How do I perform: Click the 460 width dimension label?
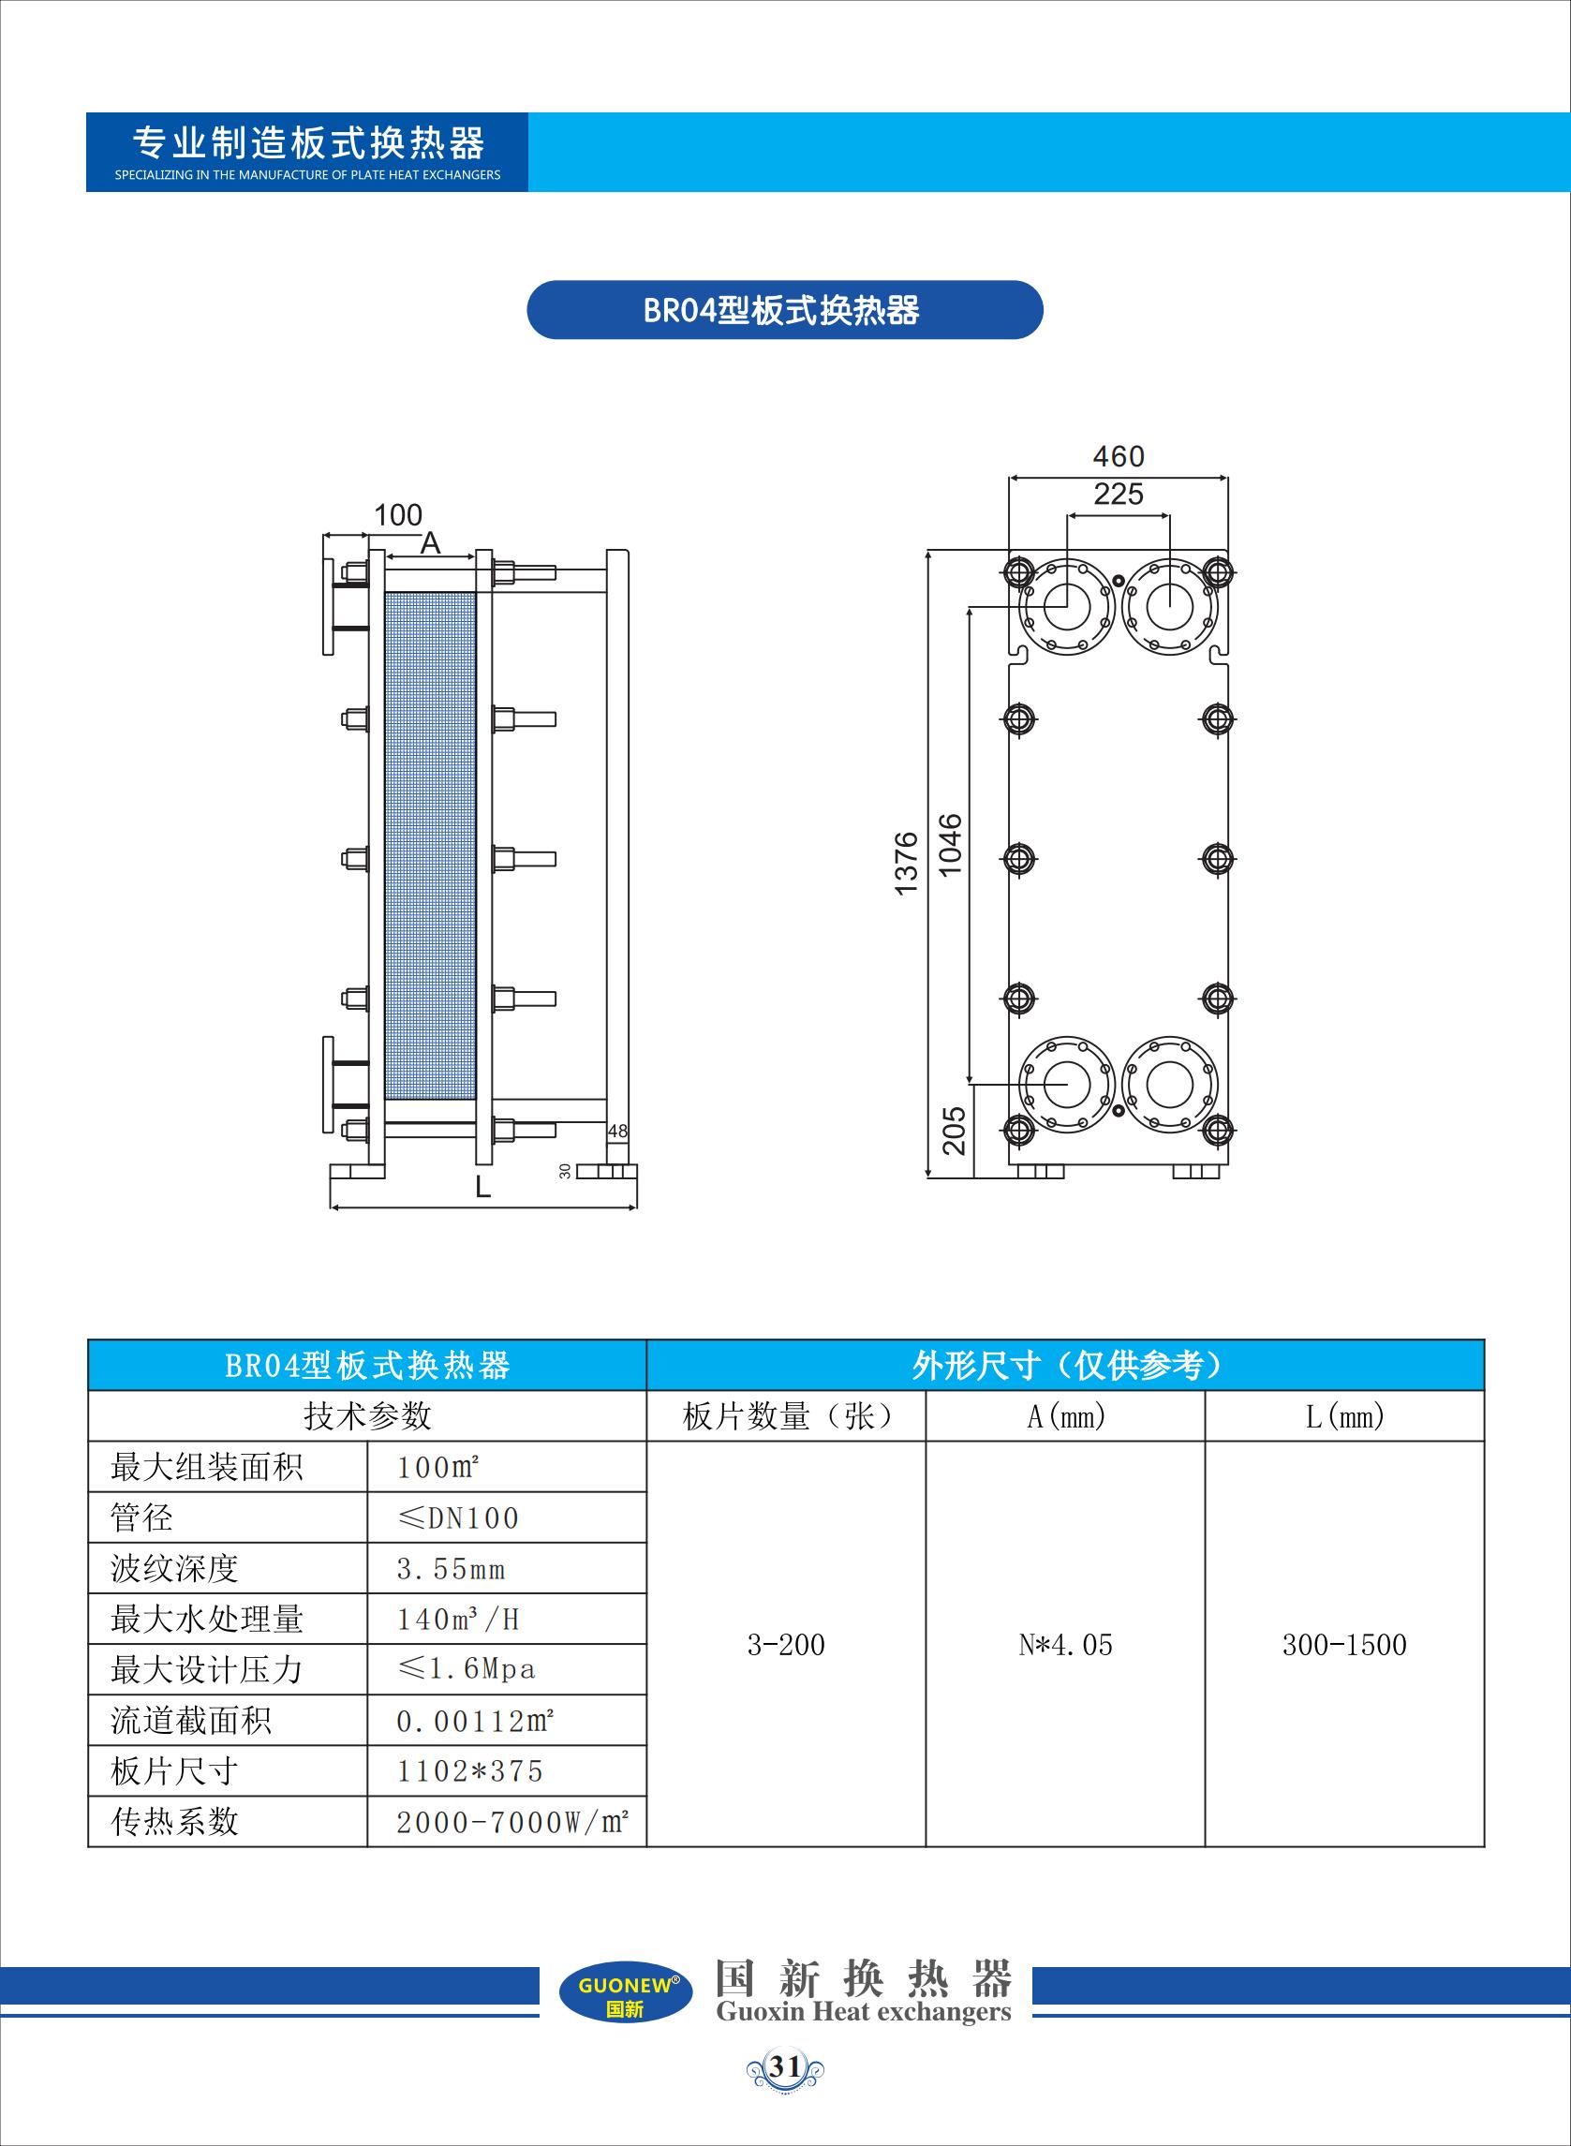tap(1119, 456)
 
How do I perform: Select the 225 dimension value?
tap(1119, 495)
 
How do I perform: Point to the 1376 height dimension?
tap(907, 863)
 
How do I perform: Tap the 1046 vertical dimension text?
tap(950, 844)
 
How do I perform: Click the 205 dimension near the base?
tap(954, 1131)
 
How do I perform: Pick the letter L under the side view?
tap(483, 1187)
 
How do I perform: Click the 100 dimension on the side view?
tap(397, 515)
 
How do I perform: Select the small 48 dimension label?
tap(618, 1132)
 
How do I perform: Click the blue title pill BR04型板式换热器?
tap(784, 310)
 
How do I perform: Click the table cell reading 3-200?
tap(785, 1645)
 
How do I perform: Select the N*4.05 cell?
tap(1065, 1645)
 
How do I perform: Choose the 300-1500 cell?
tap(1344, 1645)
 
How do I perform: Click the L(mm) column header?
tap(1344, 1416)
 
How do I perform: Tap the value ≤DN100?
tap(457, 1518)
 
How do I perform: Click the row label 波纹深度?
tap(174, 1569)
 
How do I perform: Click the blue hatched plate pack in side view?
tap(430, 846)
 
